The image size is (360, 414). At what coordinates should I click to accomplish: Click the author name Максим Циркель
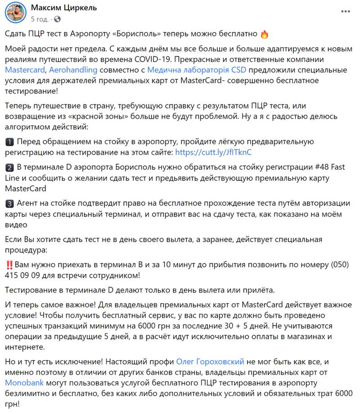click(63, 8)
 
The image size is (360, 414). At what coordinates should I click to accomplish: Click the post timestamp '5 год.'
click(40, 19)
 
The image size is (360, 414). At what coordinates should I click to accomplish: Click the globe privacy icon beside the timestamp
click(57, 19)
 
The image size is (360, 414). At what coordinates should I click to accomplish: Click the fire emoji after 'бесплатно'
click(265, 34)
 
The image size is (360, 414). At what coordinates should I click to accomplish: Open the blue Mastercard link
click(25, 70)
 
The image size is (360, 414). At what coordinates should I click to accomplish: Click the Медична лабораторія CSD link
click(197, 70)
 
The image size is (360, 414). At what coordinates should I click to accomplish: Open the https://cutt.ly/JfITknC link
click(213, 153)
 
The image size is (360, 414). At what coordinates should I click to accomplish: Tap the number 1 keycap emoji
click(9, 142)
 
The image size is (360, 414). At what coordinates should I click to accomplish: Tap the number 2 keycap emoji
click(9, 168)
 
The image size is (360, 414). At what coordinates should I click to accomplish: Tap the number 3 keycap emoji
click(9, 203)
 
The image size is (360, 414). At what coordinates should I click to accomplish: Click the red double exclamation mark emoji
click(9, 264)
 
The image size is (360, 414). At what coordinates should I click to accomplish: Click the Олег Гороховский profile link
click(211, 361)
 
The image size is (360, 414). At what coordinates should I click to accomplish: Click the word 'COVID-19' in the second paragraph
click(151, 59)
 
